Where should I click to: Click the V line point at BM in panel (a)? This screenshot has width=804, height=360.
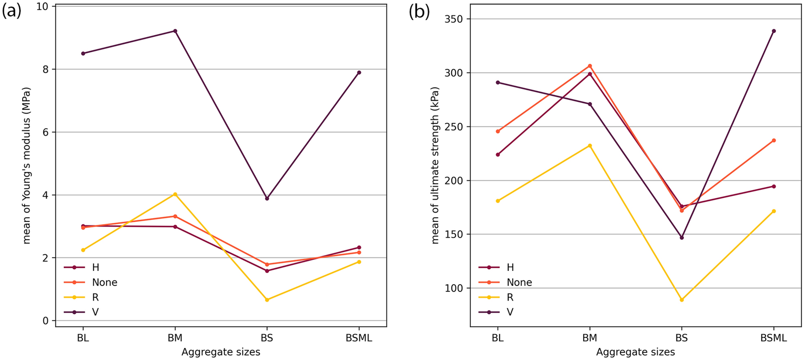pyautogui.click(x=175, y=31)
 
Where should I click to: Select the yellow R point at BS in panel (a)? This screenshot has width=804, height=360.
pyautogui.click(x=267, y=300)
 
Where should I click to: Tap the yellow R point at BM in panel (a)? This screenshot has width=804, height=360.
pyautogui.click(x=175, y=194)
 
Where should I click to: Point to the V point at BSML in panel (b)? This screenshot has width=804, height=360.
pyautogui.click(x=774, y=31)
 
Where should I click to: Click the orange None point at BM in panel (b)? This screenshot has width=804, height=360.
pyautogui.click(x=590, y=66)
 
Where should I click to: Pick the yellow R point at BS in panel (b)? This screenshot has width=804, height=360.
pyautogui.click(x=682, y=300)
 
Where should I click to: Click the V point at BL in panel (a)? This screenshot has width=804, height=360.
pyautogui.click(x=83, y=53)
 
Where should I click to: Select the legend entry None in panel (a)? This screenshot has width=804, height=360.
pyautogui.click(x=105, y=282)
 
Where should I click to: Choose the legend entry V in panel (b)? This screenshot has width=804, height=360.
pyautogui.click(x=510, y=312)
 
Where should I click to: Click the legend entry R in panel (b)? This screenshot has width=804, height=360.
pyautogui.click(x=510, y=297)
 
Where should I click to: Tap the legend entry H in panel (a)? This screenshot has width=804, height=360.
pyautogui.click(x=95, y=267)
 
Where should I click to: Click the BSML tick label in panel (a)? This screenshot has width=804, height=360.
pyautogui.click(x=359, y=338)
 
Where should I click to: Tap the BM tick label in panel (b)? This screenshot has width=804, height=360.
pyautogui.click(x=590, y=338)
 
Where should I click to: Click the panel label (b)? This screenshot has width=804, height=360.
pyautogui.click(x=419, y=11)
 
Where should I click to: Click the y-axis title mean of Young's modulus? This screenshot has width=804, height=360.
pyautogui.click(x=27, y=165)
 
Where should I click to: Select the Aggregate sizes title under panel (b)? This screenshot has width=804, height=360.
pyautogui.click(x=635, y=352)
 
